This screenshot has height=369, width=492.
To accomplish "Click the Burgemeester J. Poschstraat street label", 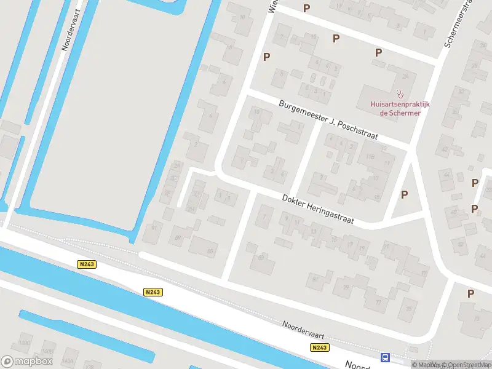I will coord(328,120).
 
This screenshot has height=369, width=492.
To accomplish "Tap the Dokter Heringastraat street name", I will coord(318,208).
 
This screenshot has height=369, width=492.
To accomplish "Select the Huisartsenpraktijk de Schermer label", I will coord(400,108).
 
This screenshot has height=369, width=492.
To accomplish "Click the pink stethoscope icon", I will coord(400,94).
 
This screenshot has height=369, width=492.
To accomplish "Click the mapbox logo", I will coord(27,361).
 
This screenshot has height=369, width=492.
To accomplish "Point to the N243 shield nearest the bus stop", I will coord(319,347).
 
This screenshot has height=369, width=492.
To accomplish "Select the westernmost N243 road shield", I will coord(86,264).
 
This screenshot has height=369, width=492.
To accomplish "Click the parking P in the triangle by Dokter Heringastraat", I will coord(404,194).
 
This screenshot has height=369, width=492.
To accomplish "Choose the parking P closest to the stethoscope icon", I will coord(378,53).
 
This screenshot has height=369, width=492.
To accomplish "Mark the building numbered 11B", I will coord(370,157).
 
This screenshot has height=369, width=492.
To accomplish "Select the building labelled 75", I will coord(409,309).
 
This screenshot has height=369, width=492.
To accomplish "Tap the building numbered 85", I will coord(210,250).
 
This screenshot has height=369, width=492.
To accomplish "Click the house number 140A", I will coord(68,361).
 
